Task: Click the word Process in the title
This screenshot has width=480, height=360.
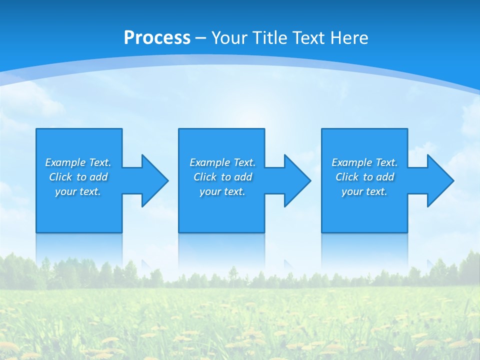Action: tap(157, 38)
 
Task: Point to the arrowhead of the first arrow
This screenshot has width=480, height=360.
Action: tap(155, 180)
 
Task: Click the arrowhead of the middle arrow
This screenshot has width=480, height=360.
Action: tap(297, 180)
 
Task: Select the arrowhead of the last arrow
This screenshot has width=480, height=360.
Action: tap(440, 180)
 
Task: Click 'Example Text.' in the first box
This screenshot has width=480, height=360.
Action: tap(78, 162)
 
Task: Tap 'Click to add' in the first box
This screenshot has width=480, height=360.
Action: tap(78, 177)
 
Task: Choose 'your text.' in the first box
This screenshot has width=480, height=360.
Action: tap(78, 191)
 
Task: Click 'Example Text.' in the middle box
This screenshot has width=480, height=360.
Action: tap(222, 162)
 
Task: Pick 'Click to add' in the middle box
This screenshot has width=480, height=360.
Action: tap(222, 177)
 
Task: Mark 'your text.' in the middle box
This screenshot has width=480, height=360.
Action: tap(222, 191)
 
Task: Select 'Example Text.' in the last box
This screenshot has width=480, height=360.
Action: tap(364, 162)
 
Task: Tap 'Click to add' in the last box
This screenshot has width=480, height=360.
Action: tap(364, 177)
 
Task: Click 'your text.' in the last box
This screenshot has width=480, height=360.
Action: tap(364, 191)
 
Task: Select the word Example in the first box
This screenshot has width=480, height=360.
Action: tap(65, 162)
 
